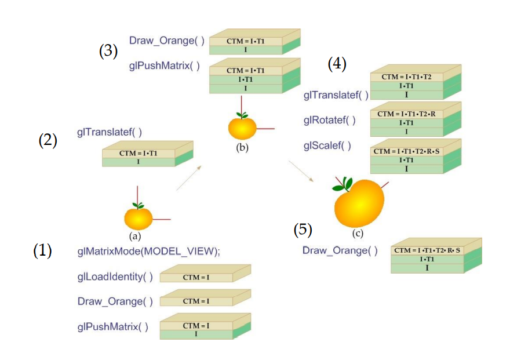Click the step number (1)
42,250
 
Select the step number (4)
337,64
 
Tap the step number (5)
303,230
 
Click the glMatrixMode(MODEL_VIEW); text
148,251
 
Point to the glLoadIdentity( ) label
115,277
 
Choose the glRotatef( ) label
329,120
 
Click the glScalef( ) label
327,146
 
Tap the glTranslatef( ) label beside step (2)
109,132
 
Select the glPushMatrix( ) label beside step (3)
164,66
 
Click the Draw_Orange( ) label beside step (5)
340,250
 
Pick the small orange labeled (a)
139,217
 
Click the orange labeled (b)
242,127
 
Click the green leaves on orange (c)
343,185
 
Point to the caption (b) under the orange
242,147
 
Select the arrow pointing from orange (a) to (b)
189,177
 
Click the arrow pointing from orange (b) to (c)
305,172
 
